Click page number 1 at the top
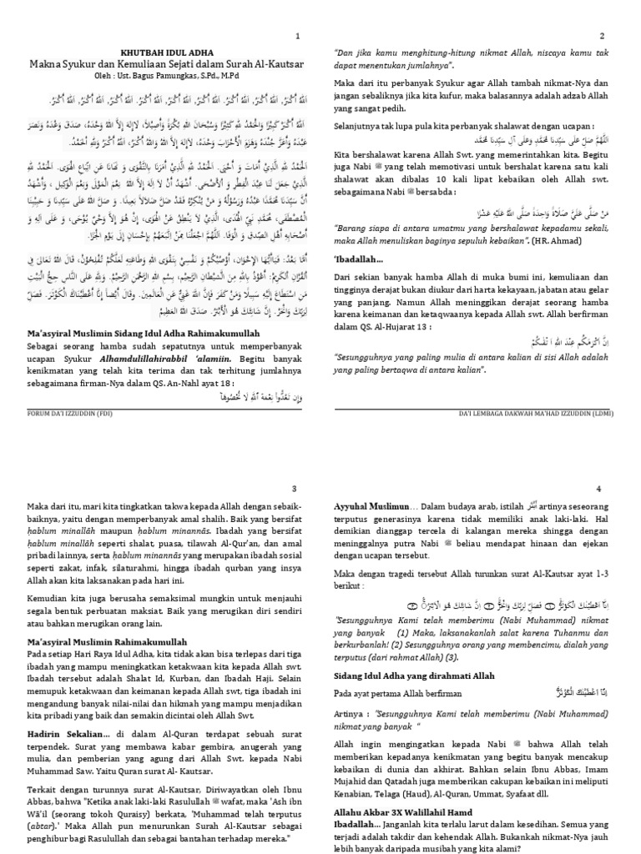(298, 37)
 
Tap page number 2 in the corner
(624, 37)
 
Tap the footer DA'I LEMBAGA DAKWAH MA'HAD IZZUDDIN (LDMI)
(555, 412)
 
